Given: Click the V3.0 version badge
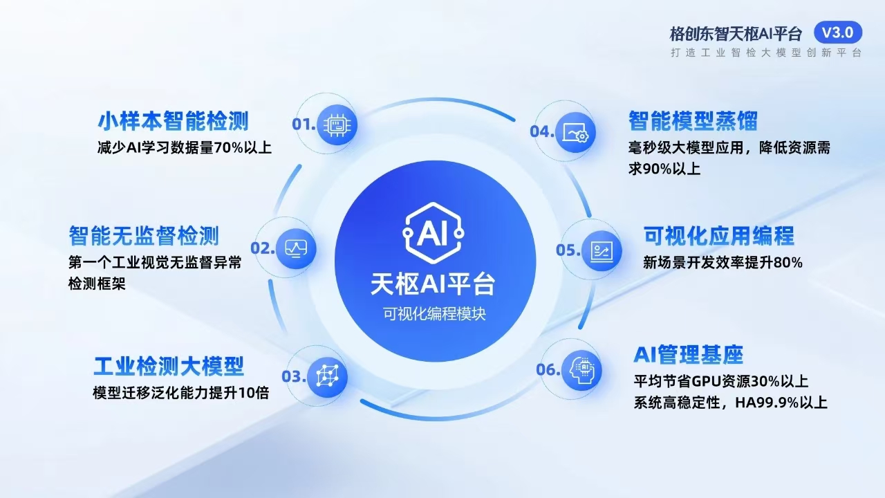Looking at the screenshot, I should tap(838, 32).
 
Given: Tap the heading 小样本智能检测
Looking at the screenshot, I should tap(173, 122).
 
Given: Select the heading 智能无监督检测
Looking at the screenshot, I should tap(144, 236).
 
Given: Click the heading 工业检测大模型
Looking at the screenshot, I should tap(169, 365).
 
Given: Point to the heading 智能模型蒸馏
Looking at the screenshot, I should tap(693, 121).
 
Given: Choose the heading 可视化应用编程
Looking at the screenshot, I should tap(719, 236).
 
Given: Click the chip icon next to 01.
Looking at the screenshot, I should tap(337, 124).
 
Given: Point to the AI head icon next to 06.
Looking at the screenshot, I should tap(579, 369).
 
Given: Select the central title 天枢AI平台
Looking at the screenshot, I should tap(434, 284).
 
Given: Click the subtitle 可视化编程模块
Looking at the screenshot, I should tap(434, 313).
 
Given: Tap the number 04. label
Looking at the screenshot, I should tap(543, 131).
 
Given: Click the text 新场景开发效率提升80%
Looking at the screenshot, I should tap(723, 263).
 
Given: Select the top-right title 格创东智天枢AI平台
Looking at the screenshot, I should tap(736, 33).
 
